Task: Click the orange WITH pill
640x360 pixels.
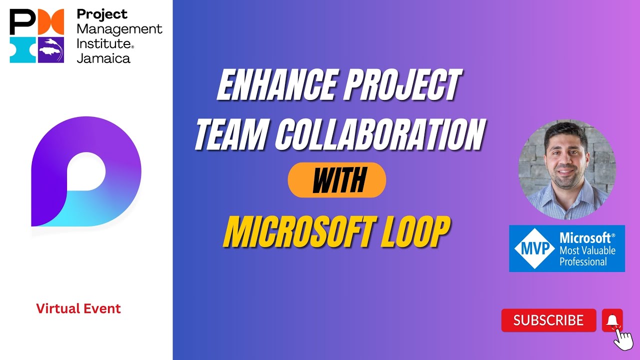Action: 337,180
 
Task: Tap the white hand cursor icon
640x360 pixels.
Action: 622,340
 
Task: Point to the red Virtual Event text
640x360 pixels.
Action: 78,308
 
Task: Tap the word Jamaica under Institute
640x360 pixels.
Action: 103,58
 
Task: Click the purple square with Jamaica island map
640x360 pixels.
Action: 51,49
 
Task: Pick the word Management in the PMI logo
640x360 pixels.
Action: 119,29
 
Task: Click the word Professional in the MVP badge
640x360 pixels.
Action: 583,261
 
